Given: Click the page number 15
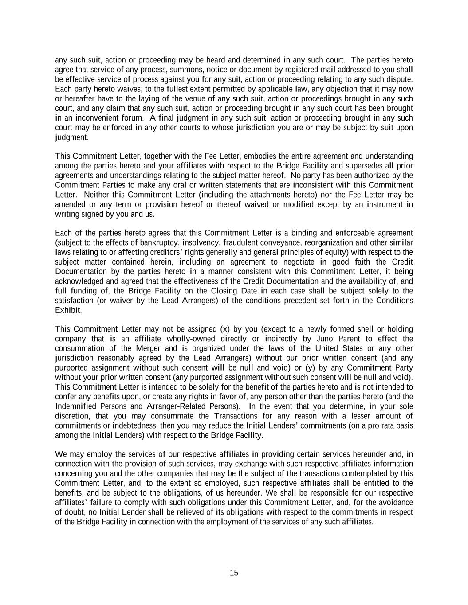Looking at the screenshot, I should pyautogui.click(x=234, y=573).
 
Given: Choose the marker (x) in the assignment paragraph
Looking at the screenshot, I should pyautogui.click(x=224, y=329).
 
